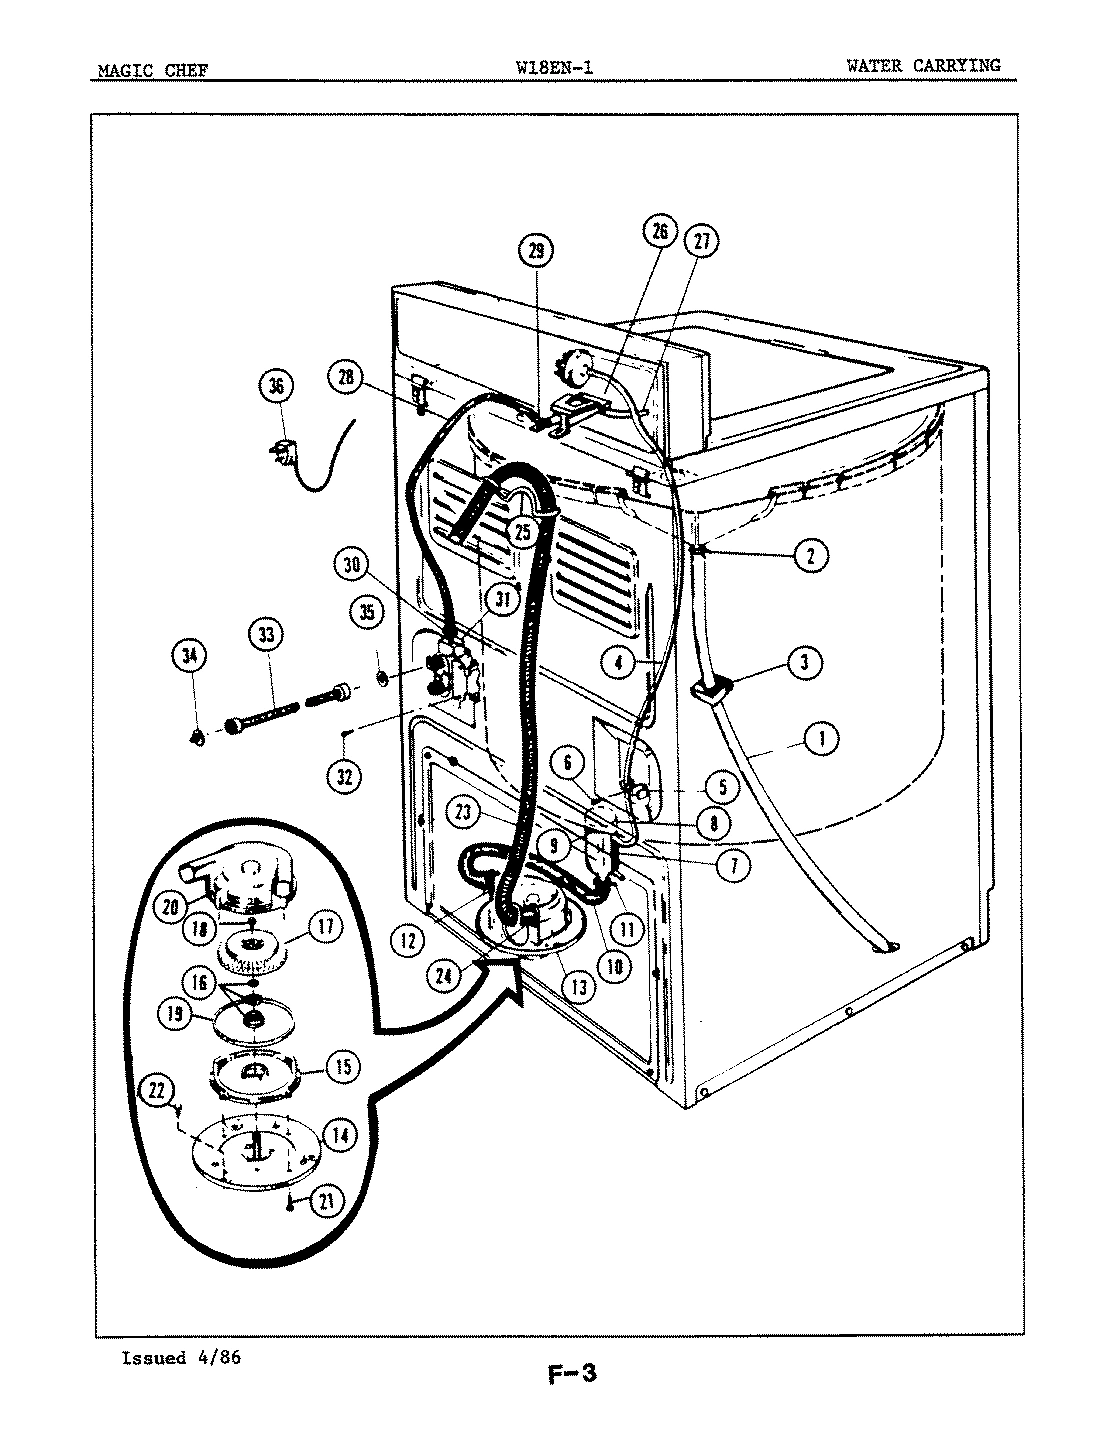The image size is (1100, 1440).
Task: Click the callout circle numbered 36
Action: coord(276,386)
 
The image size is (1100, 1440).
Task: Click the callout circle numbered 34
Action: coord(188,656)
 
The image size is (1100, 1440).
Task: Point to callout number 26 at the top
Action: coord(659,233)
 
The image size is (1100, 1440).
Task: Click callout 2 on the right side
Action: coord(811,555)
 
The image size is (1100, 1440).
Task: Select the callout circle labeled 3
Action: coord(805,660)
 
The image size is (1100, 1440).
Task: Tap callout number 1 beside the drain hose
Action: coord(821,740)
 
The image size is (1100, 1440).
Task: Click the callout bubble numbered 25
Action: coord(523,532)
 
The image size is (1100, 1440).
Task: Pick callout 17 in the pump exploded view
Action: coord(325,926)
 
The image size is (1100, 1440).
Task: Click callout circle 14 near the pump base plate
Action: coord(340,1135)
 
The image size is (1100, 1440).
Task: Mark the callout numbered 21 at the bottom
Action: coord(323,1203)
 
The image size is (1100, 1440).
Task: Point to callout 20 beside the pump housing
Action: coord(167,907)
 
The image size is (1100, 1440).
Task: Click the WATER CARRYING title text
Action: coord(922,65)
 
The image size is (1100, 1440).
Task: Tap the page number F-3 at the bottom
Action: coord(571,1373)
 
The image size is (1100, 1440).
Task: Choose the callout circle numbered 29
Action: coord(537,253)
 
